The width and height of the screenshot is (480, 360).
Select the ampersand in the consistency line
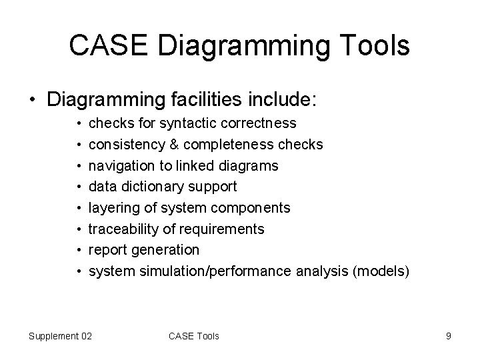(x=174, y=145)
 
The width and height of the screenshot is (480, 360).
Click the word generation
(x=167, y=250)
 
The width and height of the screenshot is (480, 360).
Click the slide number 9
(x=449, y=336)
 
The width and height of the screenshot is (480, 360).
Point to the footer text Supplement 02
(x=60, y=336)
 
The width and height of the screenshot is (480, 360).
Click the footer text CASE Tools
(x=194, y=336)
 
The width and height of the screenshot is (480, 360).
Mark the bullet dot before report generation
(x=79, y=250)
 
